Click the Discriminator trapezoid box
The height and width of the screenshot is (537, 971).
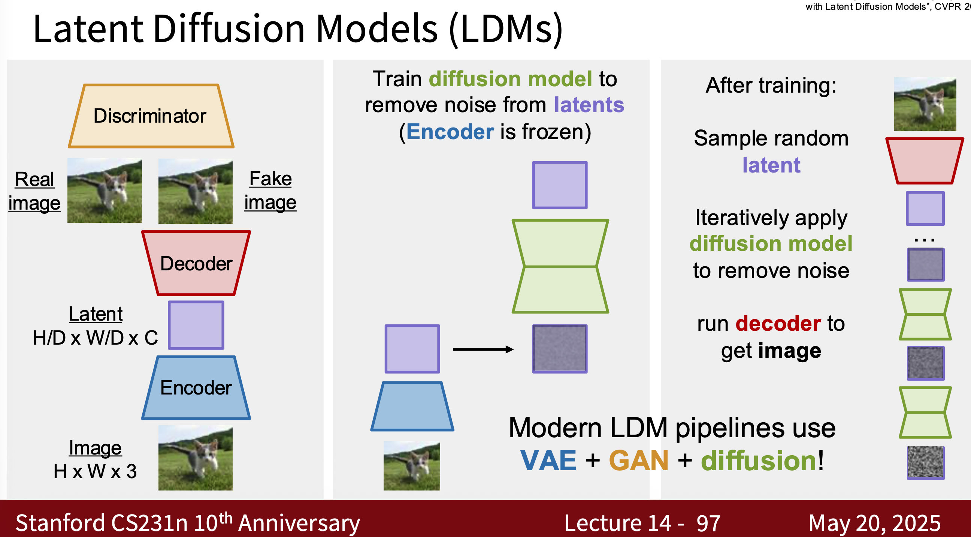point(151,115)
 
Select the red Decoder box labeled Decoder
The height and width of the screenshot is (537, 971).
point(196,263)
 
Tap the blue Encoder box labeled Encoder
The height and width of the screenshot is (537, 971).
point(196,387)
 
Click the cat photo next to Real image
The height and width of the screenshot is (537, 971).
point(105,190)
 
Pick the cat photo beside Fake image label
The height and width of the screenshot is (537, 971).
point(195,191)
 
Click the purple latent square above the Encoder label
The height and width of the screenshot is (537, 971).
point(196,325)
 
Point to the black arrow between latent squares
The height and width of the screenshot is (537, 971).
point(483,349)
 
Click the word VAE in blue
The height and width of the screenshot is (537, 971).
point(548,461)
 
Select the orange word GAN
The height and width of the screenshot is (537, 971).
point(639,461)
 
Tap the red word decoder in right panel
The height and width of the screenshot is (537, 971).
point(778,323)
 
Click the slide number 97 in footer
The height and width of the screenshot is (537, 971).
point(708,523)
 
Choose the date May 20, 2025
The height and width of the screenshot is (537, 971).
point(874,523)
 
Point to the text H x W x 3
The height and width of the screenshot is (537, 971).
point(95,471)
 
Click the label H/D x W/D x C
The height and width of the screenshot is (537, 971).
point(95,337)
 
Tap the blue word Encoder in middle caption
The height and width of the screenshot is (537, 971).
point(450,132)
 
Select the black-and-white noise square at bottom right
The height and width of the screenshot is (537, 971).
point(925,462)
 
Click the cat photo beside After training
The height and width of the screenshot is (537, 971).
point(925,104)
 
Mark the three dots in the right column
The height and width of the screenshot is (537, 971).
point(925,240)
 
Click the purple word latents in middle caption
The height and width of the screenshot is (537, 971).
point(589,105)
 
